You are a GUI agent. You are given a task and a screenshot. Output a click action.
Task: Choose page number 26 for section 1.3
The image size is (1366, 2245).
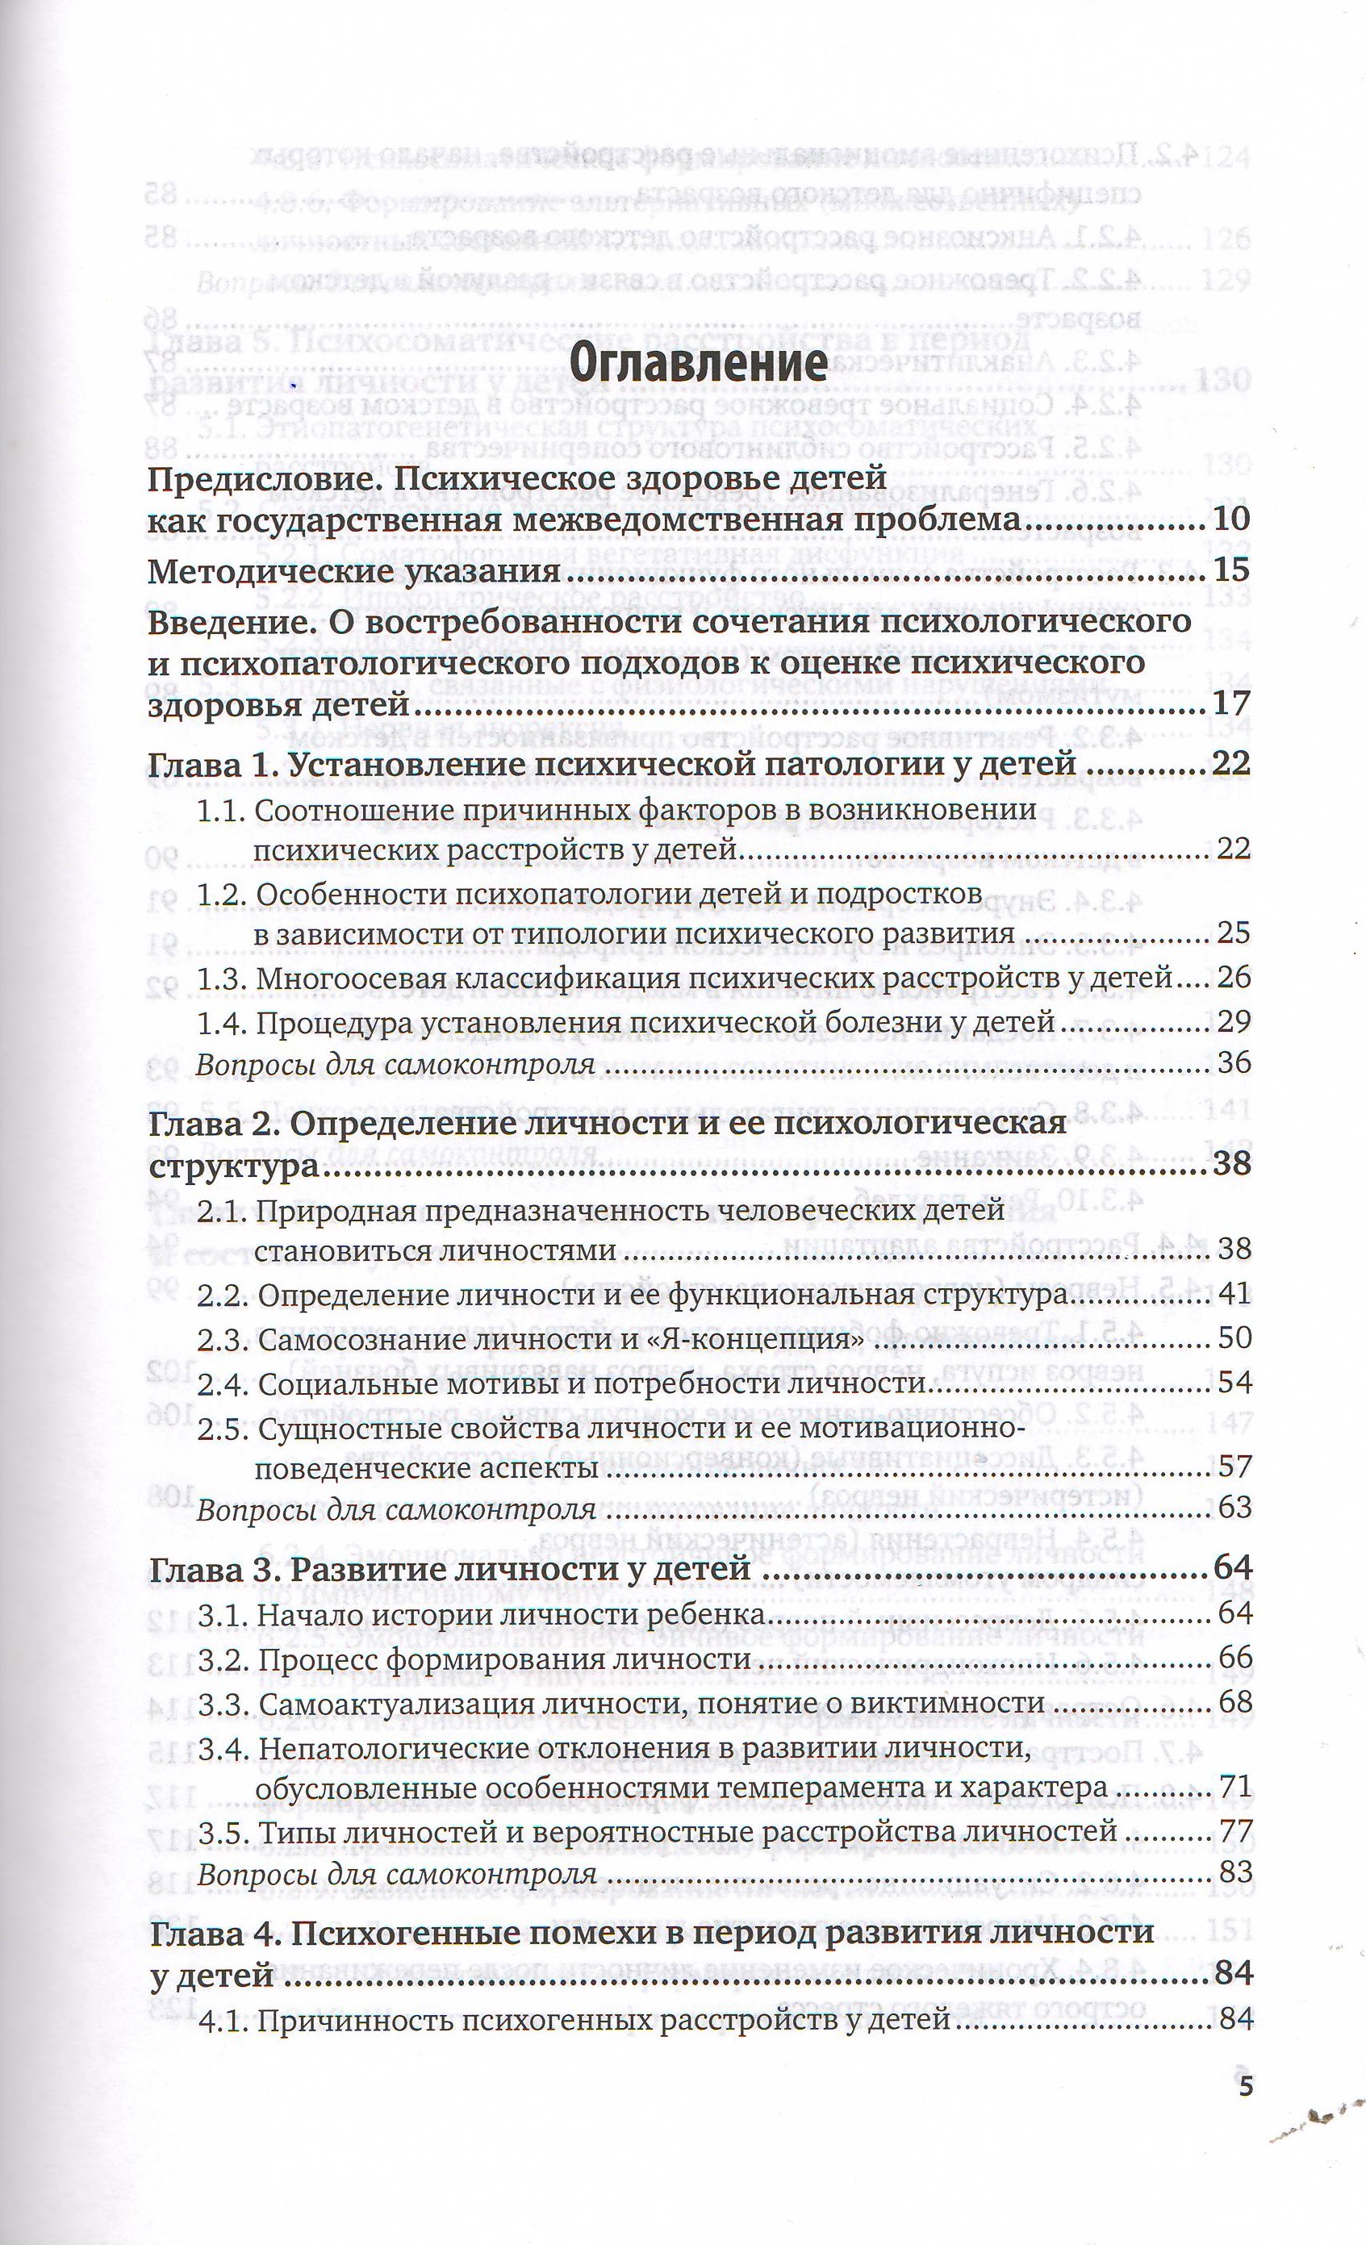tap(1234, 978)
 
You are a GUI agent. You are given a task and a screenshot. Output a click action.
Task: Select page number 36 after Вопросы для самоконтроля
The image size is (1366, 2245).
tap(1234, 1063)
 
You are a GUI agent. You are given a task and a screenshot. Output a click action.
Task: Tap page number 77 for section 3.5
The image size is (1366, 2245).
tap(1234, 1830)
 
